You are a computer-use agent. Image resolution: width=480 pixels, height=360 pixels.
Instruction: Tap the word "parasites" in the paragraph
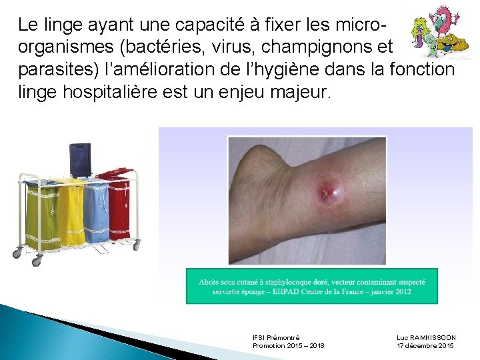click(54, 69)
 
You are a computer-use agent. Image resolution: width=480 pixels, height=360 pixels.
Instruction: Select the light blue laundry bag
click(97, 211)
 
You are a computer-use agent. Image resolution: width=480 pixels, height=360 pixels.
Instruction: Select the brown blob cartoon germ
click(453, 47)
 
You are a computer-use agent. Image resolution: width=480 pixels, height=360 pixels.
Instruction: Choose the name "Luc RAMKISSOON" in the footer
click(426, 338)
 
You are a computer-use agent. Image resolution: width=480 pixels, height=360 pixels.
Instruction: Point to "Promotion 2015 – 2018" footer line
click(288, 346)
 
